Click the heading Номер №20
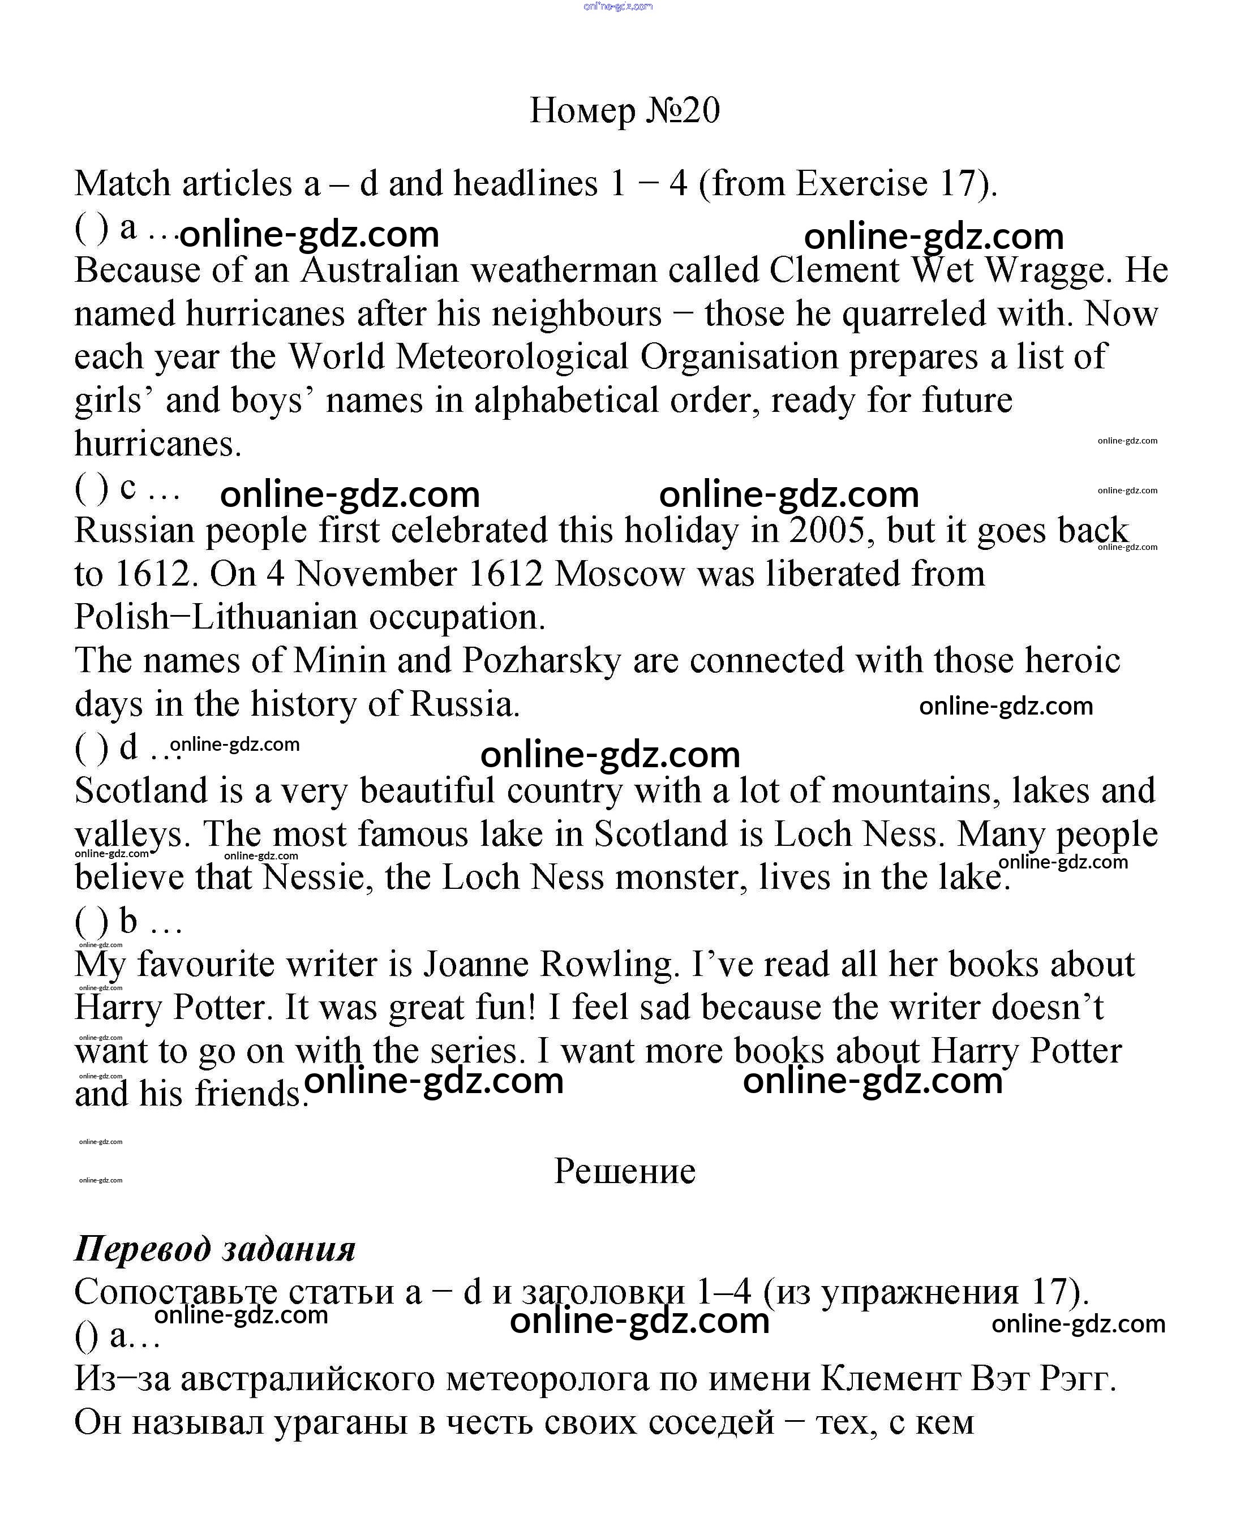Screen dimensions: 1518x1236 click(x=624, y=110)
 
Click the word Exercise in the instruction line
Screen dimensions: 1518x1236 click(x=861, y=184)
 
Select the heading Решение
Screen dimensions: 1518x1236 click(x=624, y=1171)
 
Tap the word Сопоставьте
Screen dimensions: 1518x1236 click(x=175, y=1292)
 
